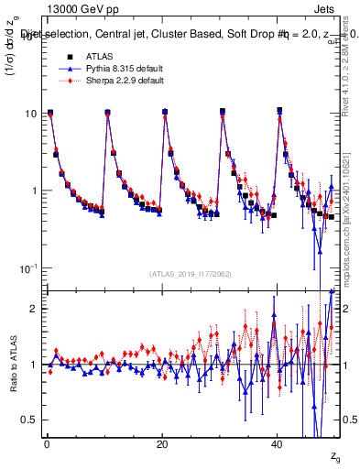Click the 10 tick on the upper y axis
click(29, 114)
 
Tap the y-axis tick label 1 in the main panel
click(33, 191)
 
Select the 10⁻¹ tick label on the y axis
click(27, 267)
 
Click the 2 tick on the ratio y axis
click(33, 309)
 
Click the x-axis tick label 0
click(47, 442)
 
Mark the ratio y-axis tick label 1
click(33, 365)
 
